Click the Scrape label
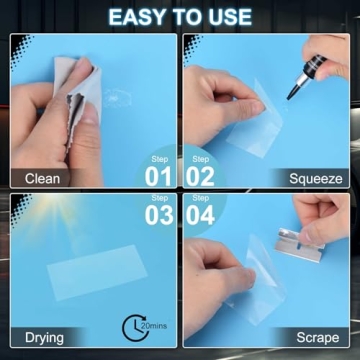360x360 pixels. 318,337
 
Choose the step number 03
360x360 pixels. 160,216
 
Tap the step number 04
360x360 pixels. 201,216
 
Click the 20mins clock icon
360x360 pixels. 142,326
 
